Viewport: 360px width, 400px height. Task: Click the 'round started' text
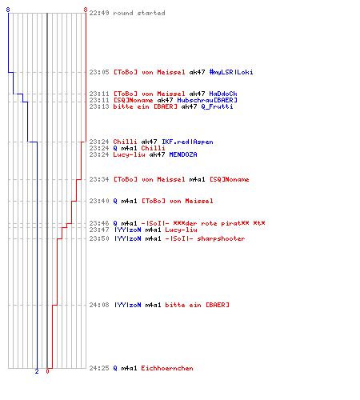pyautogui.click(x=139, y=13)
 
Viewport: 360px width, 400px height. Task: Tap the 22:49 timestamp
pyautogui.click(x=99, y=13)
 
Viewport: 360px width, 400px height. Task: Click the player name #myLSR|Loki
pyautogui.click(x=231, y=72)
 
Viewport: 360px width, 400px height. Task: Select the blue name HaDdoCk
pyautogui.click(x=223, y=94)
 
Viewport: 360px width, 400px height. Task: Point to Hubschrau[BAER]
pyautogui.click(x=207, y=100)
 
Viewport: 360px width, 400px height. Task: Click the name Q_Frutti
pyautogui.click(x=217, y=106)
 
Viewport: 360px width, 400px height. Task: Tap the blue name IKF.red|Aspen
pyautogui.click(x=187, y=142)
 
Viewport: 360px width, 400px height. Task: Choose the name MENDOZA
pyautogui.click(x=183, y=154)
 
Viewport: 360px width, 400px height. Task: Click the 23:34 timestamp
pyautogui.click(x=99, y=179)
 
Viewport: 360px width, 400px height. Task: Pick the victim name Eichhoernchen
pyautogui.click(x=167, y=368)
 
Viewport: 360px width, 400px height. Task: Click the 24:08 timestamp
pyautogui.click(x=99, y=305)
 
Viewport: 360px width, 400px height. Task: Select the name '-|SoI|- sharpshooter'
pyautogui.click(x=205, y=238)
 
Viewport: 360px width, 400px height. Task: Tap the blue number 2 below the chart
pyautogui.click(x=37, y=371)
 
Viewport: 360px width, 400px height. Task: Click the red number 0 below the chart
pyautogui.click(x=47, y=371)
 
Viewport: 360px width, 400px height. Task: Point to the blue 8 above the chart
pyautogui.click(x=8, y=10)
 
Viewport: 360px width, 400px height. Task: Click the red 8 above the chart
pyautogui.click(x=86, y=10)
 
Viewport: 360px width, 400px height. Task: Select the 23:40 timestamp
pyautogui.click(x=99, y=201)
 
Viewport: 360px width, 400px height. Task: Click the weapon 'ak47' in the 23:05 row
pyautogui.click(x=197, y=72)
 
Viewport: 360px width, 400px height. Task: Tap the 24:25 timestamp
pyautogui.click(x=99, y=368)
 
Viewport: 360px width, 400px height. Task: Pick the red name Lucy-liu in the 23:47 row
pyautogui.click(x=182, y=230)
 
